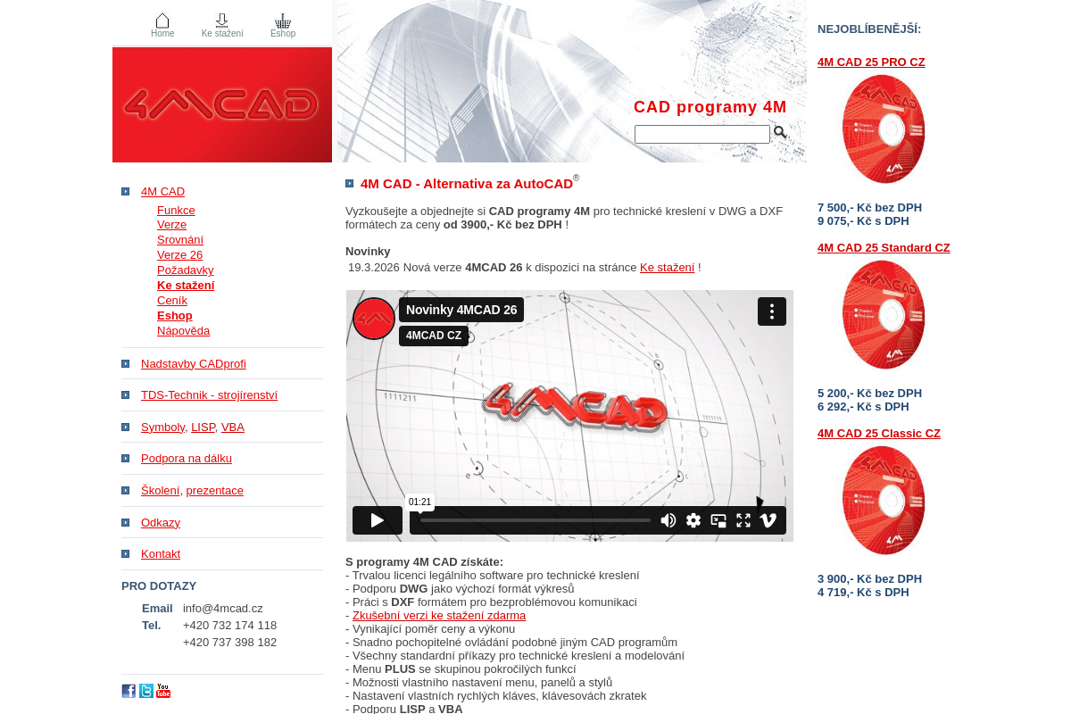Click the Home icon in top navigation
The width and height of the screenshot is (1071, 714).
[162, 21]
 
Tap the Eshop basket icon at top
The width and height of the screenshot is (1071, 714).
[283, 21]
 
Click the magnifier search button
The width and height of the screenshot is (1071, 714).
[780, 133]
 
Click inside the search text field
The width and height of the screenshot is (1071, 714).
[702, 135]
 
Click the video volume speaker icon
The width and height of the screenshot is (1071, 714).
[668, 520]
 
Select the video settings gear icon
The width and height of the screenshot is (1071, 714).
[693, 520]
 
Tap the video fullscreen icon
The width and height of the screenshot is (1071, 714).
[743, 520]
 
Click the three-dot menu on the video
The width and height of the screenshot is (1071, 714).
[772, 311]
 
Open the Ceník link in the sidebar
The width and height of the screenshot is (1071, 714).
[172, 301]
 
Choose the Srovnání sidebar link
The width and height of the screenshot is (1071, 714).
[180, 240]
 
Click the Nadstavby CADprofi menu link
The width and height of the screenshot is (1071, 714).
[194, 364]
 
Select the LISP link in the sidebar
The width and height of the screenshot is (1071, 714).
[203, 428]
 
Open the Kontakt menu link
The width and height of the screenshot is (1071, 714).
[161, 554]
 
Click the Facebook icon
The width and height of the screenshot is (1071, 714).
[129, 691]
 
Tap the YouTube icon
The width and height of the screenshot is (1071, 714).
[163, 691]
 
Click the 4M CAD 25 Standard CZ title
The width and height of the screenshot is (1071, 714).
[884, 248]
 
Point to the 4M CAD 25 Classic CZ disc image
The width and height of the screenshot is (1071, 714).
[884, 501]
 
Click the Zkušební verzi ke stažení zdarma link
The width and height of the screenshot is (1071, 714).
[439, 616]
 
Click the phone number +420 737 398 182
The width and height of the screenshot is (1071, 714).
[229, 643]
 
